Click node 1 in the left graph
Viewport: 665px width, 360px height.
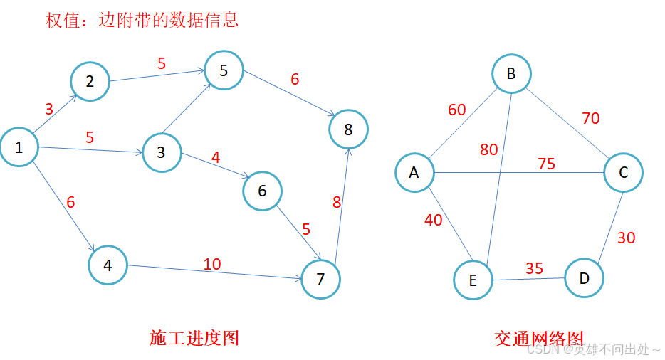(x=19, y=147)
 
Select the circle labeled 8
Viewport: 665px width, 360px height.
(x=348, y=129)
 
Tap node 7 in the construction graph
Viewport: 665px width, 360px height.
(x=320, y=279)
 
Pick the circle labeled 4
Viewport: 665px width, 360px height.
(x=108, y=265)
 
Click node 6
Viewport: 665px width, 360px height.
(x=262, y=191)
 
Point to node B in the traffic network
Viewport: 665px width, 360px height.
(x=510, y=74)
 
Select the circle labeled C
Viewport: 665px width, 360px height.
(x=623, y=172)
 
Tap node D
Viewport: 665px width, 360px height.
(x=585, y=277)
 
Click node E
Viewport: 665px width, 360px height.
(x=473, y=280)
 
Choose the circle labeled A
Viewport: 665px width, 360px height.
(x=414, y=172)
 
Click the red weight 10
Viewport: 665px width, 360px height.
(x=212, y=264)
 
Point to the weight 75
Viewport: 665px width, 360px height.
(x=546, y=164)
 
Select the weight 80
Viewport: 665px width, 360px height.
(x=489, y=150)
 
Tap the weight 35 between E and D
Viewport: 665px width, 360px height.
(x=534, y=268)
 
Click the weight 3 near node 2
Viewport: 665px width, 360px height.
(x=49, y=109)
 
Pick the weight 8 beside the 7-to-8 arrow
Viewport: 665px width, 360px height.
(x=337, y=203)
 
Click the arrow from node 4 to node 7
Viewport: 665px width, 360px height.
(x=214, y=272)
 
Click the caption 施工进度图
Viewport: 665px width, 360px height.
(x=194, y=337)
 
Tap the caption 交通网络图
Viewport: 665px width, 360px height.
(x=538, y=338)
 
